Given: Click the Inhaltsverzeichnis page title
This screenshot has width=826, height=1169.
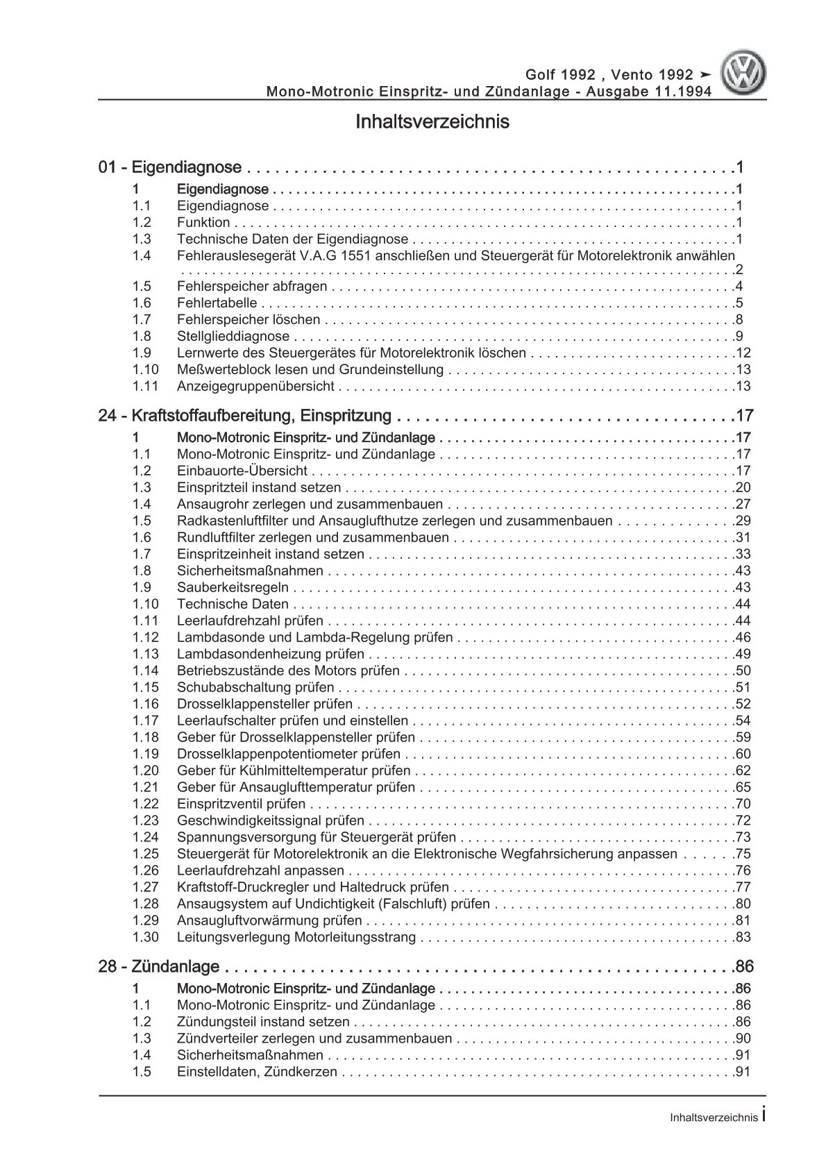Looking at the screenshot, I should [x=432, y=122].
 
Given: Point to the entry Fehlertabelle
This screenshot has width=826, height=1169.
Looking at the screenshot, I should [x=217, y=303].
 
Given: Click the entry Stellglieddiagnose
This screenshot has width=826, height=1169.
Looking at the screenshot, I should [x=233, y=337].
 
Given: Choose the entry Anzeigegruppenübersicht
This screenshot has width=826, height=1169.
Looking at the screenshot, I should [x=255, y=387].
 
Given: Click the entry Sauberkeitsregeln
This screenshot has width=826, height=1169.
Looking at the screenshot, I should [x=237, y=588].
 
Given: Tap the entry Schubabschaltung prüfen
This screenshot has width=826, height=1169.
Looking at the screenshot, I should [x=255, y=688].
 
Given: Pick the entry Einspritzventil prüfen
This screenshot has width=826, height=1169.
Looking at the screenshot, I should [x=241, y=805].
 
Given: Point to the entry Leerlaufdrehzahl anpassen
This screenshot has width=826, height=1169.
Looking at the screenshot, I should [x=260, y=871].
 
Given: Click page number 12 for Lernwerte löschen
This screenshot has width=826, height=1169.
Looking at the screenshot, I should [x=743, y=353].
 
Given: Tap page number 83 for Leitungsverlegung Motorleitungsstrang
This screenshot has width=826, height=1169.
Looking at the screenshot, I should [x=743, y=938].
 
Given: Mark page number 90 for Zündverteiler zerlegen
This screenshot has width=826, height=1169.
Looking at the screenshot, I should [x=743, y=1039].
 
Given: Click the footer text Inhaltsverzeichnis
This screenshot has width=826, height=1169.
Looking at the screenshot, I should [x=714, y=1137].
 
